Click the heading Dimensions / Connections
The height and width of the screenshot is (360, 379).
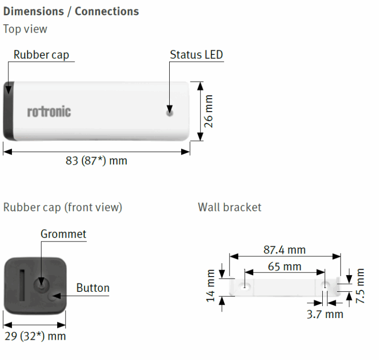pyautogui.click(x=71, y=11)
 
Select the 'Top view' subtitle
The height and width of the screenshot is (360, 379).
pyautogui.click(x=25, y=29)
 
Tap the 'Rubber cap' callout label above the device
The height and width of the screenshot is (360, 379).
pyautogui.click(x=41, y=55)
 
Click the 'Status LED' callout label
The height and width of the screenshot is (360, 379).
pyautogui.click(x=196, y=55)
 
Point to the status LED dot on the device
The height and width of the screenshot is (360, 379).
pyautogui.click(x=170, y=113)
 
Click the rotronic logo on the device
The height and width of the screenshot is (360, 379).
pyautogui.click(x=49, y=112)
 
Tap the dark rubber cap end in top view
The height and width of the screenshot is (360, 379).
pyautogui.click(x=9, y=111)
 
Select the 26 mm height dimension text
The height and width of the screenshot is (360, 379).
pyautogui.click(x=208, y=111)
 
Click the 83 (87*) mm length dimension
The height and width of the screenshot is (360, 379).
pyautogui.click(x=96, y=160)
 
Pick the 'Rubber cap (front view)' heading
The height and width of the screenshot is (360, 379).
pyautogui.click(x=63, y=207)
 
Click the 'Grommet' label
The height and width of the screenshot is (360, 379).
pyautogui.click(x=63, y=234)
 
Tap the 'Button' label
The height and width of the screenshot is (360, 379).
pyautogui.click(x=93, y=288)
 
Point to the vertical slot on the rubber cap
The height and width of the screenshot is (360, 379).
pyautogui.click(x=22, y=285)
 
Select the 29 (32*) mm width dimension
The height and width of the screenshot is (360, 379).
pyautogui.click(x=36, y=336)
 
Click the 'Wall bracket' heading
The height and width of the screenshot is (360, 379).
pyautogui.click(x=229, y=207)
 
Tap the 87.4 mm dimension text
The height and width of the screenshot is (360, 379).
pyautogui.click(x=284, y=250)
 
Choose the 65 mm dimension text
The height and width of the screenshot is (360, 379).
pyautogui.click(x=284, y=267)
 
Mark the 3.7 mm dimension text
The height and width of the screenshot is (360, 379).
pyautogui.click(x=325, y=314)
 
